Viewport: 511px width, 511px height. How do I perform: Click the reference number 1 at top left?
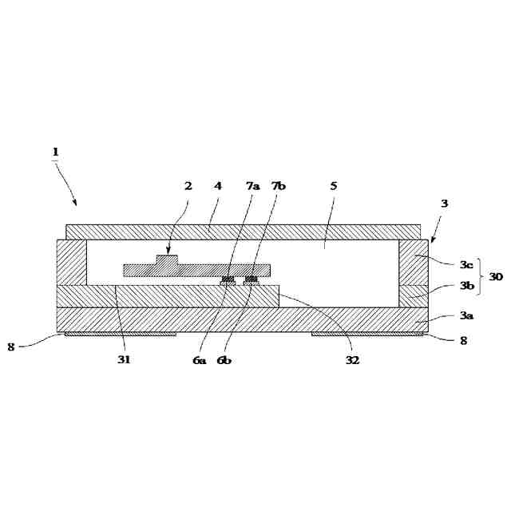click(56, 152)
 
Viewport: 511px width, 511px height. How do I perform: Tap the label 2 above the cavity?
click(188, 186)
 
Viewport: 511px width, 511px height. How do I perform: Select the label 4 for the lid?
click(218, 186)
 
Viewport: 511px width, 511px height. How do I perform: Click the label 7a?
click(253, 186)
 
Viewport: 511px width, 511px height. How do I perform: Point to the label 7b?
click(279, 186)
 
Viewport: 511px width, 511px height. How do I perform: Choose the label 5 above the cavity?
click(334, 186)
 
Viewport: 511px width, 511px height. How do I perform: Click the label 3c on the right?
click(466, 264)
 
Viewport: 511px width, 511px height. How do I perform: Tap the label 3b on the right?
click(466, 286)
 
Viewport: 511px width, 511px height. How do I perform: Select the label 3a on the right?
click(466, 315)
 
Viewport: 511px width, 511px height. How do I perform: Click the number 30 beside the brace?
click(496, 277)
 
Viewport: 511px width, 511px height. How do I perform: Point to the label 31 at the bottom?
click(124, 359)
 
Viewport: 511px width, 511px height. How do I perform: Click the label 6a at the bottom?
click(199, 360)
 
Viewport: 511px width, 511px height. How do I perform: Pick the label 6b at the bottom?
click(224, 360)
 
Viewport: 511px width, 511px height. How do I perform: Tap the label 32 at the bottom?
click(352, 360)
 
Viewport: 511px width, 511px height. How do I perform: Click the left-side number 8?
click(11, 347)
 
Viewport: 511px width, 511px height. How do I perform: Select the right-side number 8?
click(463, 341)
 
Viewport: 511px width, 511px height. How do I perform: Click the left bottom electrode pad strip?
click(121, 334)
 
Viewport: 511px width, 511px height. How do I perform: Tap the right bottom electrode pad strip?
click(367, 334)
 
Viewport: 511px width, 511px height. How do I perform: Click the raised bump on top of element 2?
click(167, 259)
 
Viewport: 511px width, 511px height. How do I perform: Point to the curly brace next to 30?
click(480, 277)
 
